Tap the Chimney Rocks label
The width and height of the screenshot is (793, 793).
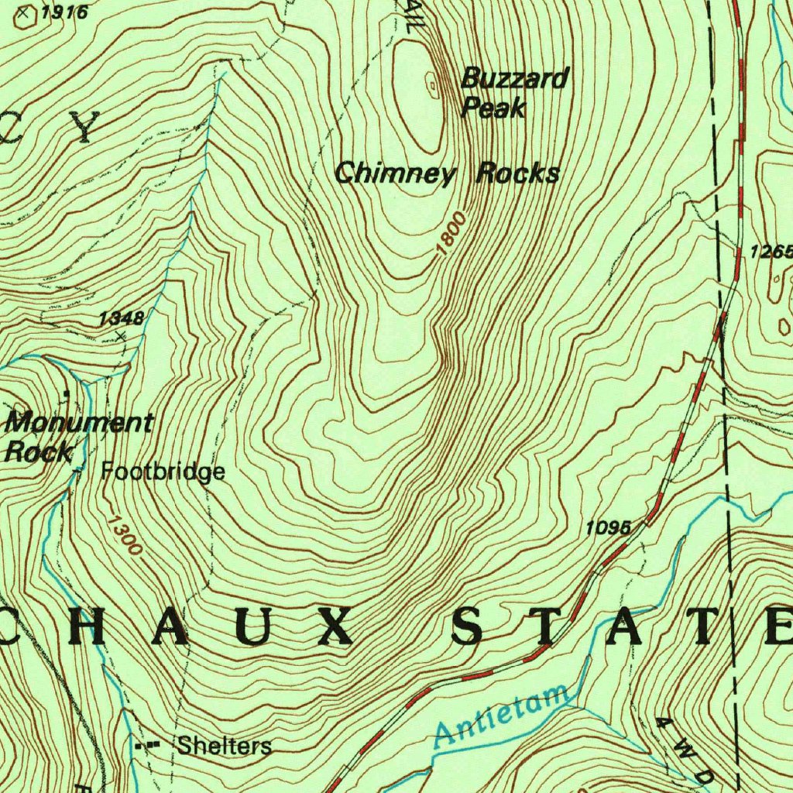tap(447, 173)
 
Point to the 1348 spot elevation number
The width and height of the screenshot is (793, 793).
tap(121, 318)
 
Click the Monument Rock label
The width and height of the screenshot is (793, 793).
tap(77, 436)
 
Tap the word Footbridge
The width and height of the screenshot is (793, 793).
tap(163, 471)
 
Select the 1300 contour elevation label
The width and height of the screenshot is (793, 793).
tap(124, 536)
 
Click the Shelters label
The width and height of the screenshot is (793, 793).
tap(224, 746)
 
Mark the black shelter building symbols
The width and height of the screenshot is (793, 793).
tap(146, 745)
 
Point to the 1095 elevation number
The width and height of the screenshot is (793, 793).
tap(609, 528)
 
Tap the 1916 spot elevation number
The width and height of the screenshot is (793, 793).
tap(64, 12)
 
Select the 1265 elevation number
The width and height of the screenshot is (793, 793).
tap(771, 252)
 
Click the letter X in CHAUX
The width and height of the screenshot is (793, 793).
tap(334, 626)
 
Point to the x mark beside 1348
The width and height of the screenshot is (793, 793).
tap(120, 335)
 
